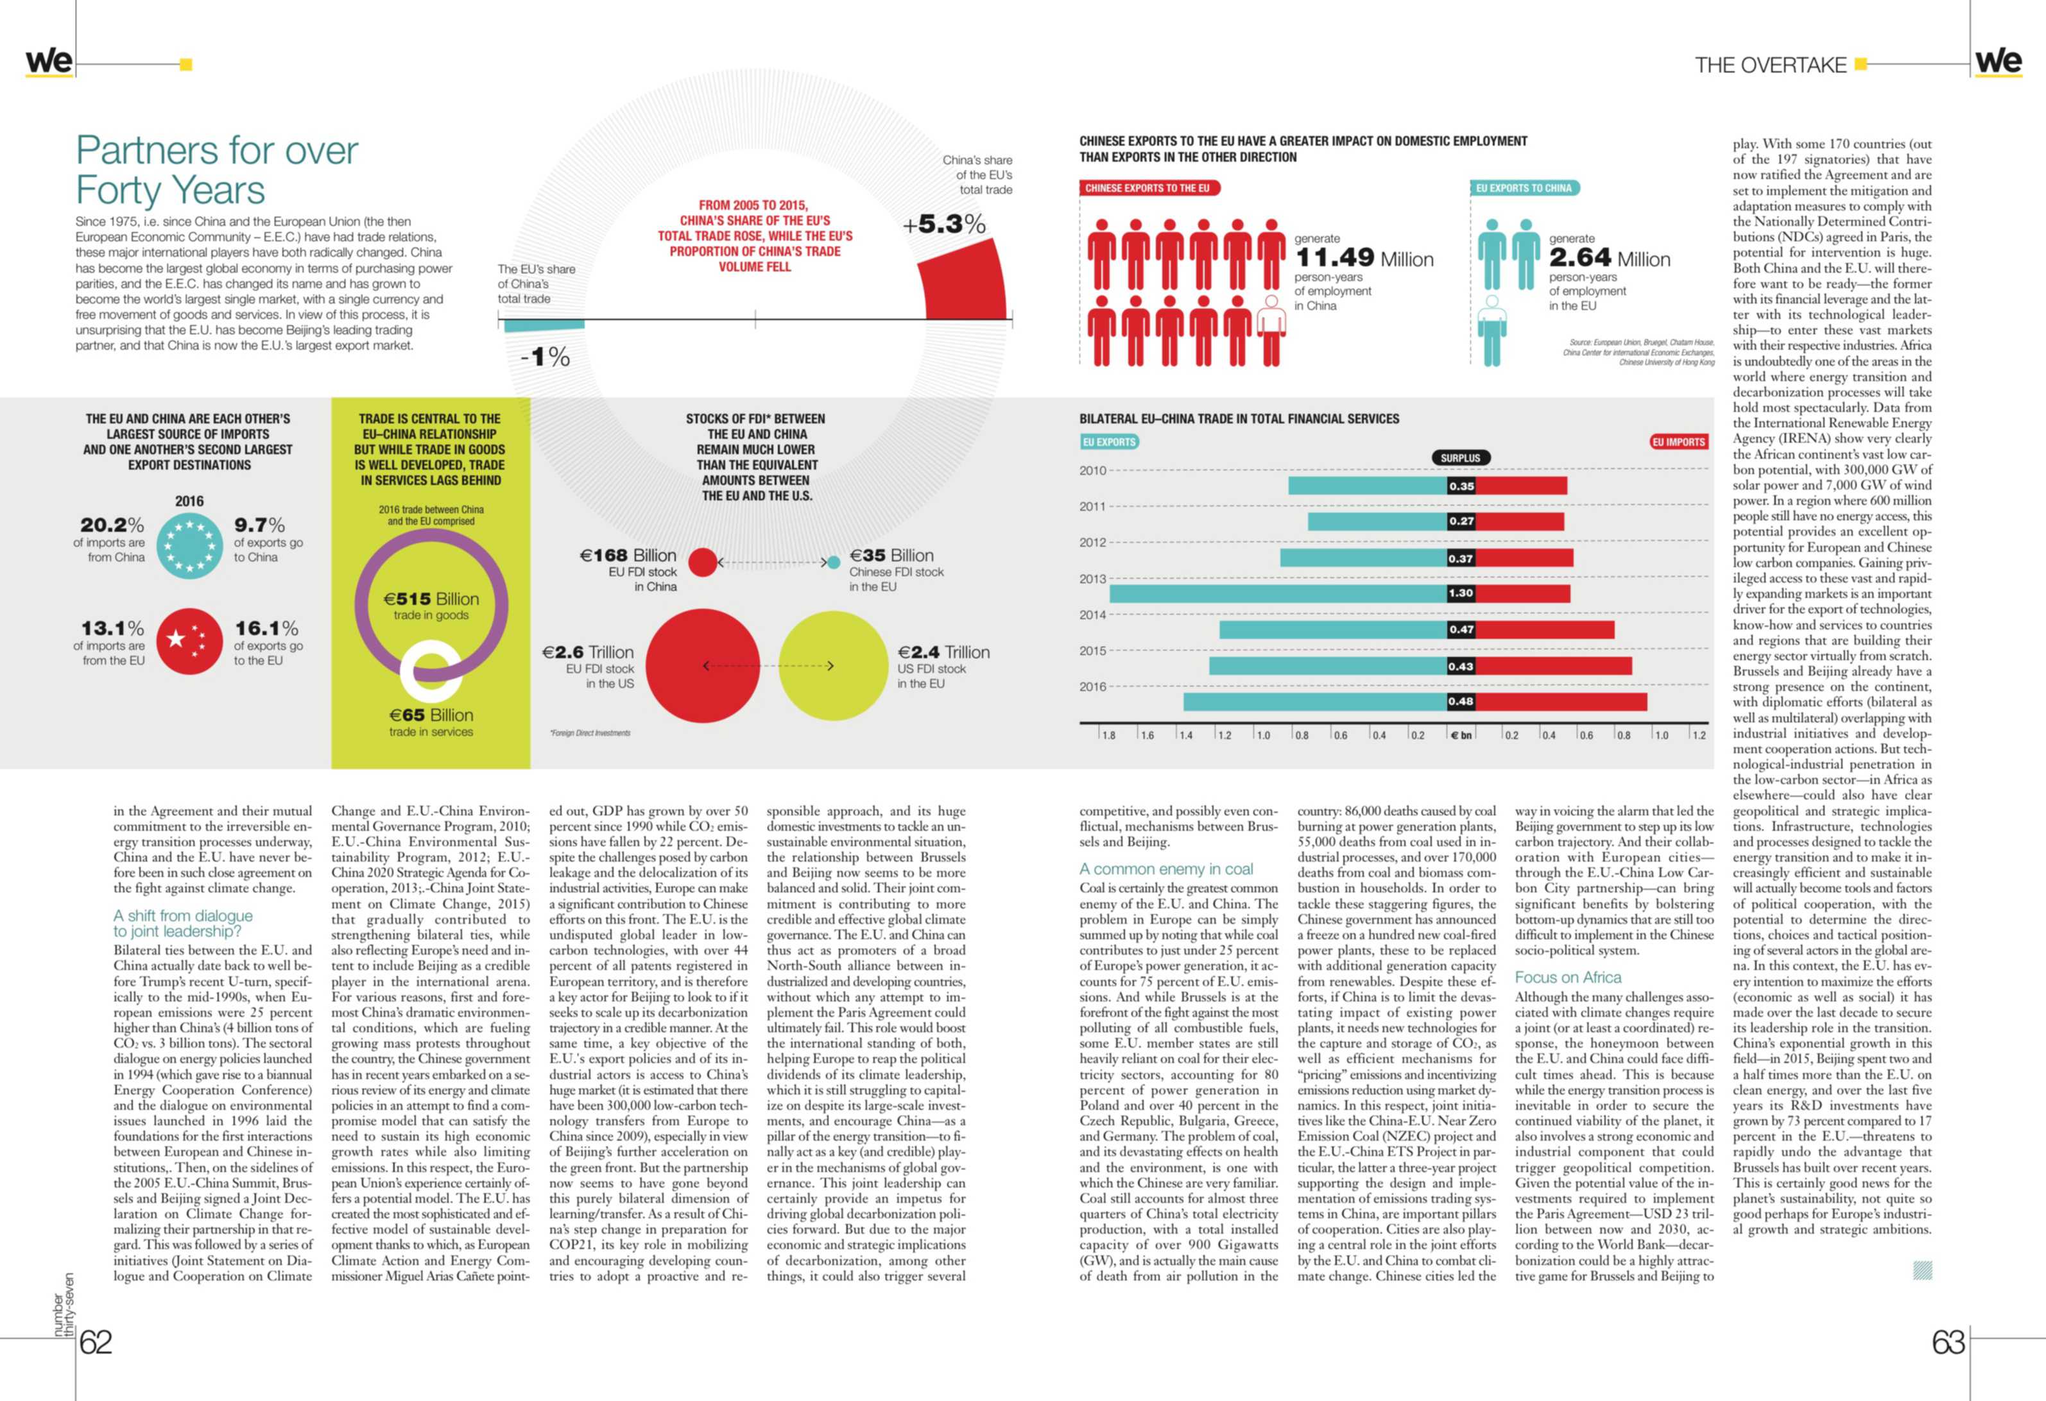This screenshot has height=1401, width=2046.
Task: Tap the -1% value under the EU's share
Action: coord(545,357)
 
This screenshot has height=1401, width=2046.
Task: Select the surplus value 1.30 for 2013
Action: coord(1461,593)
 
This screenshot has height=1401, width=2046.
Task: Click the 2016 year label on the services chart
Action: coord(1092,686)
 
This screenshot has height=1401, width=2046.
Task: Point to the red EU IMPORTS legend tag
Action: coord(1679,442)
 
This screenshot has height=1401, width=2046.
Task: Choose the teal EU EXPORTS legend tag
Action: coord(1109,442)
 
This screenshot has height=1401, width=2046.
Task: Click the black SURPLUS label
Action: coord(1461,457)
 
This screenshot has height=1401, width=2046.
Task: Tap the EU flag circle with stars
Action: coord(189,546)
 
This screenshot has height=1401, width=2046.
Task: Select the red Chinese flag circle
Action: coord(189,641)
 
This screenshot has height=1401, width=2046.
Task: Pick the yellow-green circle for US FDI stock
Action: coord(834,666)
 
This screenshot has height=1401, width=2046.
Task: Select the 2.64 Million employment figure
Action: coord(1610,258)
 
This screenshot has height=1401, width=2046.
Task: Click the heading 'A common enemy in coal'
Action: coord(1167,869)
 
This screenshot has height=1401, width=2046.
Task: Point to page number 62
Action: coord(96,1342)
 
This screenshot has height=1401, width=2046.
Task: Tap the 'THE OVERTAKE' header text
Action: coord(1771,65)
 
